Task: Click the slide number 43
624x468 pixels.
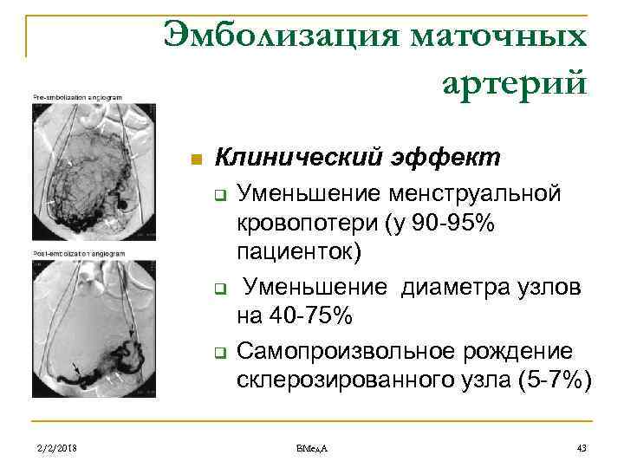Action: [x=581, y=447]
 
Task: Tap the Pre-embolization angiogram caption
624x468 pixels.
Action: [x=77, y=96]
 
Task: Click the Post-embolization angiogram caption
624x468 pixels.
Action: [x=79, y=253]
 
